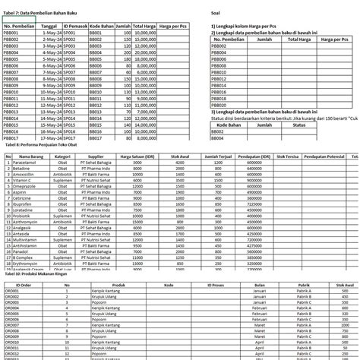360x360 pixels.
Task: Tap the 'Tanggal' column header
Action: pyautogui.click(x=50, y=26)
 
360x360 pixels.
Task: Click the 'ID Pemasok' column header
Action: pyautogui.click(x=74, y=26)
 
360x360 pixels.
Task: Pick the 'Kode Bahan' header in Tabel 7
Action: pyautogui.click(x=100, y=26)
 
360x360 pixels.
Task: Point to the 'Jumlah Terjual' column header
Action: pyautogui.click(x=219, y=156)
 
